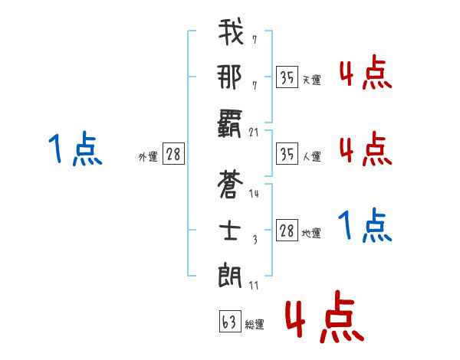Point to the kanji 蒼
click(x=231, y=185)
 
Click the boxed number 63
click(x=229, y=322)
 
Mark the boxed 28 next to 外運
click(x=173, y=154)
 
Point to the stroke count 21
click(x=255, y=132)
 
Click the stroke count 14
click(x=255, y=194)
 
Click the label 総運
click(x=255, y=325)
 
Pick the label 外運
click(x=148, y=156)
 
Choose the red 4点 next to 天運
click(x=365, y=74)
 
